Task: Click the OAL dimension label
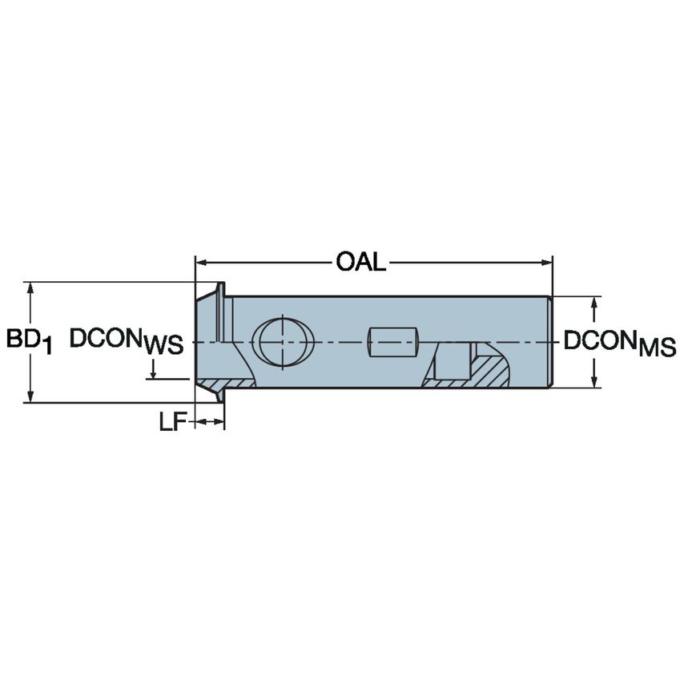coord(360,261)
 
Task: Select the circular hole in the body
coord(284,340)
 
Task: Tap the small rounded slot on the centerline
coord(393,342)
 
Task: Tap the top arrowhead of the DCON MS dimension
coord(593,303)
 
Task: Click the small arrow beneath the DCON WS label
coord(152,372)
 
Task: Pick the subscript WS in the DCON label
coord(164,346)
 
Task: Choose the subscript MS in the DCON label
coord(658,348)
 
